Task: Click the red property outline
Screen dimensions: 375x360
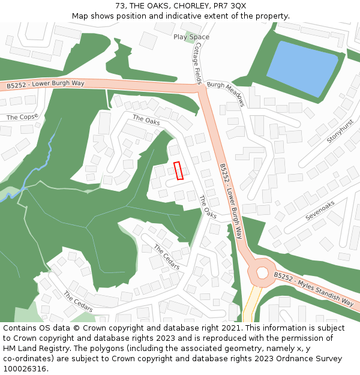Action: [x=178, y=170]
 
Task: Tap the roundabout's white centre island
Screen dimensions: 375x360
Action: [x=262, y=273]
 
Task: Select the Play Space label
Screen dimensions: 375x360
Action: [x=191, y=37]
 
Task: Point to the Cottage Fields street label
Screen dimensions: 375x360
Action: [x=197, y=67]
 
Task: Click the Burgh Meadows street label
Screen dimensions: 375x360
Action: [x=226, y=94]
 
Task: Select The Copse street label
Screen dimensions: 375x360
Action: [x=22, y=117]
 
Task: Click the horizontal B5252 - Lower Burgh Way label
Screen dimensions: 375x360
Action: [x=46, y=84]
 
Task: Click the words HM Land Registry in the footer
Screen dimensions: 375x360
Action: [x=32, y=349]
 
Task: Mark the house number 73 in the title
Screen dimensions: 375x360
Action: [x=121, y=5]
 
